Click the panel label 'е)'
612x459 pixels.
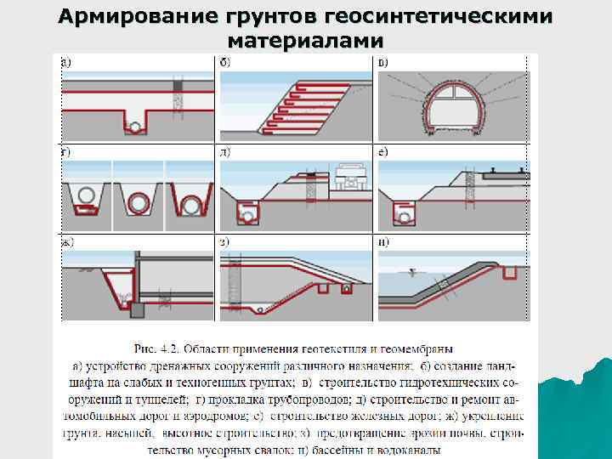[383, 153]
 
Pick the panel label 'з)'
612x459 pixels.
[225, 242]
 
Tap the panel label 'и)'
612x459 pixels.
[383, 242]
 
